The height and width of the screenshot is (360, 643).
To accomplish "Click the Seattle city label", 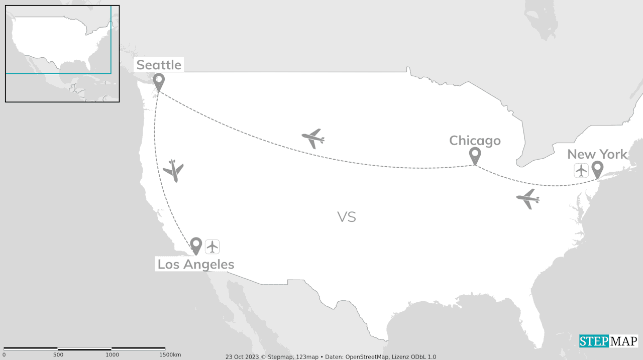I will [x=159, y=65].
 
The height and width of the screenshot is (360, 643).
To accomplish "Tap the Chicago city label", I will [x=475, y=141].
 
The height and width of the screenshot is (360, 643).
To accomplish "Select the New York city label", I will [x=597, y=154].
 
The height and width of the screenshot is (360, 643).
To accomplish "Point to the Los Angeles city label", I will [x=196, y=264].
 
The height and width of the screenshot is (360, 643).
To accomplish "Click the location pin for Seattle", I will [x=159, y=82].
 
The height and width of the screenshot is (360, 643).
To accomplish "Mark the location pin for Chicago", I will [x=475, y=156].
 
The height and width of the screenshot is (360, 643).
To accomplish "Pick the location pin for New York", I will [x=597, y=170].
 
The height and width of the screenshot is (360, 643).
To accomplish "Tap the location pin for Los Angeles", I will [x=196, y=246].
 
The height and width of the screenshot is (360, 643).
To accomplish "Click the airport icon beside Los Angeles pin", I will [x=212, y=247].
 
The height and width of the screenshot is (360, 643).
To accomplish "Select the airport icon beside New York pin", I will [x=581, y=170].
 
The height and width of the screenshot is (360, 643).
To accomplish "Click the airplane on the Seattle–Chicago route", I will [x=313, y=138].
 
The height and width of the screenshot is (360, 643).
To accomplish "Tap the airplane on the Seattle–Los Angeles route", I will [x=174, y=170].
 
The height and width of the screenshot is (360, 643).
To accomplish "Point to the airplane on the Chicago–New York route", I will [x=528, y=199].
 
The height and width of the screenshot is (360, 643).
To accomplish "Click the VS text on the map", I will [x=347, y=217].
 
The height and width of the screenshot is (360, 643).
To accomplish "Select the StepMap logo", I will [x=608, y=341].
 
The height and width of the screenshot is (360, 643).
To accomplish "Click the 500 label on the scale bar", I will [x=58, y=355].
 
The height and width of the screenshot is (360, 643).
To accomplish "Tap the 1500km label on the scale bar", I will [x=170, y=355].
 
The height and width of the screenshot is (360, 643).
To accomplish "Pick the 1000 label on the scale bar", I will [x=112, y=355].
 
